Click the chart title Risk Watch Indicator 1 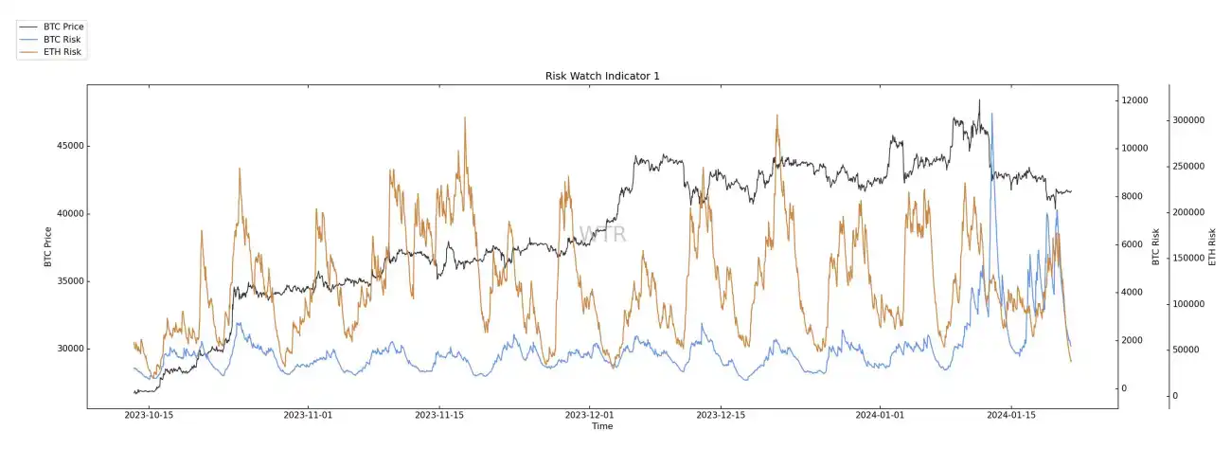point(602,76)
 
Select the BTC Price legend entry point(64,26)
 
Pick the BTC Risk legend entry point(62,39)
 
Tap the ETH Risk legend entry point(62,52)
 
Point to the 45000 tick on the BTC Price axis point(66,146)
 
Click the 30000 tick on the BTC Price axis point(66,349)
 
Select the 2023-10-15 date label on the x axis point(150,415)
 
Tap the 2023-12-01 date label point(590,415)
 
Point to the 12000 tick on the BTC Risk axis point(1133,100)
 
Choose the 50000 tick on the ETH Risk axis point(1191,350)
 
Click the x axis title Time point(602,426)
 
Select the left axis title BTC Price point(48,246)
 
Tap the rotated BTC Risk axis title point(1156,246)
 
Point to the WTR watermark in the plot point(602,234)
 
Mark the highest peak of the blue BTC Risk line point(991,114)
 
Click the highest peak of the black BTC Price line point(979,99)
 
